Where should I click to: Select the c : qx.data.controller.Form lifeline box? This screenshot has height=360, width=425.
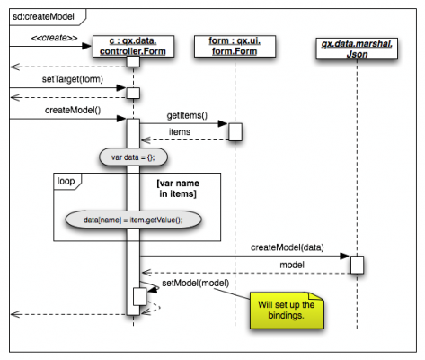pos(133,46)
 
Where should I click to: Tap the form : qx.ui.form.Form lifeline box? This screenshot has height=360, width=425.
pos(235,46)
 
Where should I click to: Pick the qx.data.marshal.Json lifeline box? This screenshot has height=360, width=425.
pos(357,49)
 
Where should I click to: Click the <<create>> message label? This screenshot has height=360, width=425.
pos(54,38)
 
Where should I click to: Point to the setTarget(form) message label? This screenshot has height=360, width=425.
pos(73,79)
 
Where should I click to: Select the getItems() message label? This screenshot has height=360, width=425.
pos(187,115)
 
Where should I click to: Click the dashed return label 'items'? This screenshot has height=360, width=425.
pos(180,132)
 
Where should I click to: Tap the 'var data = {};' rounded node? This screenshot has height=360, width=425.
pos(133,157)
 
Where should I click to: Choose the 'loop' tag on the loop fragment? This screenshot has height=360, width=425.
pos(66,181)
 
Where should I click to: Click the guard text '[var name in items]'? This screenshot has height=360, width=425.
pos(178,188)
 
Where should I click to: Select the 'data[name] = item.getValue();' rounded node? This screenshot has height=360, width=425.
pos(133,220)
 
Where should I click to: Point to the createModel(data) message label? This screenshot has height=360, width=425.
pos(288,247)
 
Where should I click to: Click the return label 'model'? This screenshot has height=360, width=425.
pos(292,265)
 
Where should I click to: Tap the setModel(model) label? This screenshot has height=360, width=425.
pos(196,283)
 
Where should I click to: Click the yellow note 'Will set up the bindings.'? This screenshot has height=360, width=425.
pos(287,310)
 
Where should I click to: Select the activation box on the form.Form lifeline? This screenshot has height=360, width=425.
pos(235,131)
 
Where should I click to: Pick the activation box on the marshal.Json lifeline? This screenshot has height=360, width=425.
pos(357,265)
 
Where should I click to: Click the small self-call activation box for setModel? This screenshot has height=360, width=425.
pos(140,296)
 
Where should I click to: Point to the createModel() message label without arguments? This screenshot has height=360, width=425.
pos(73,111)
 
